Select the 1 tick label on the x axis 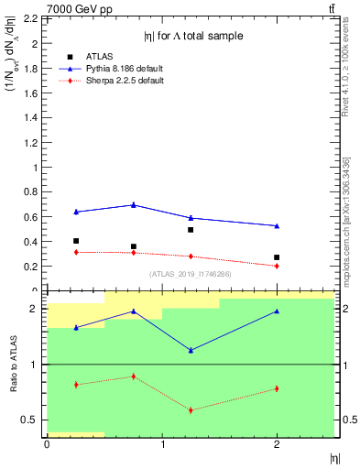pos(162,445)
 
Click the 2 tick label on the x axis pos(278,445)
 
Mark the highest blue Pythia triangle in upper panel pos(134,204)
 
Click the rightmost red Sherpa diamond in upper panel pos(277,266)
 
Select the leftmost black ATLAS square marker pos(76,241)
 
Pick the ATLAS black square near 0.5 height pos(191,230)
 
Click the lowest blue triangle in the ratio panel pos(191,350)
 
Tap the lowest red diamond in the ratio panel pos(191,409)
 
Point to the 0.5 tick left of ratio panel pos(34,420)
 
